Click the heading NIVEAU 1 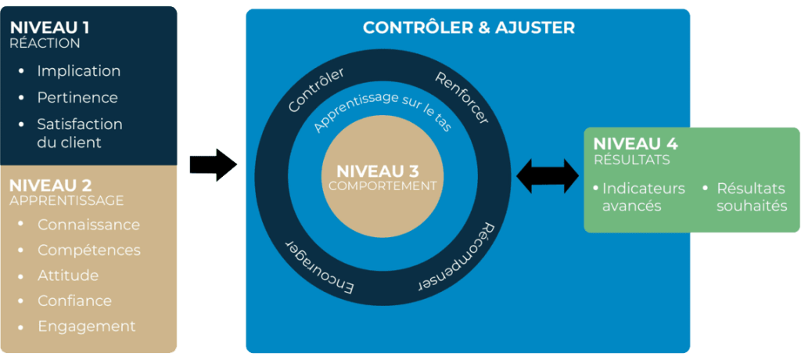point(49,27)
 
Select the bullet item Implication point(78,71)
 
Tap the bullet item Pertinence point(77,98)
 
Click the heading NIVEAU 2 point(51,185)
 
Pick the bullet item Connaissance point(88,225)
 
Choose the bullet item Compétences point(88,250)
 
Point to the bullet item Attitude point(68,275)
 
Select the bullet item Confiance point(74,301)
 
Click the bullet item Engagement point(86,326)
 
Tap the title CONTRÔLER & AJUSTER point(469,28)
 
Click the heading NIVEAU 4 point(635,144)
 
